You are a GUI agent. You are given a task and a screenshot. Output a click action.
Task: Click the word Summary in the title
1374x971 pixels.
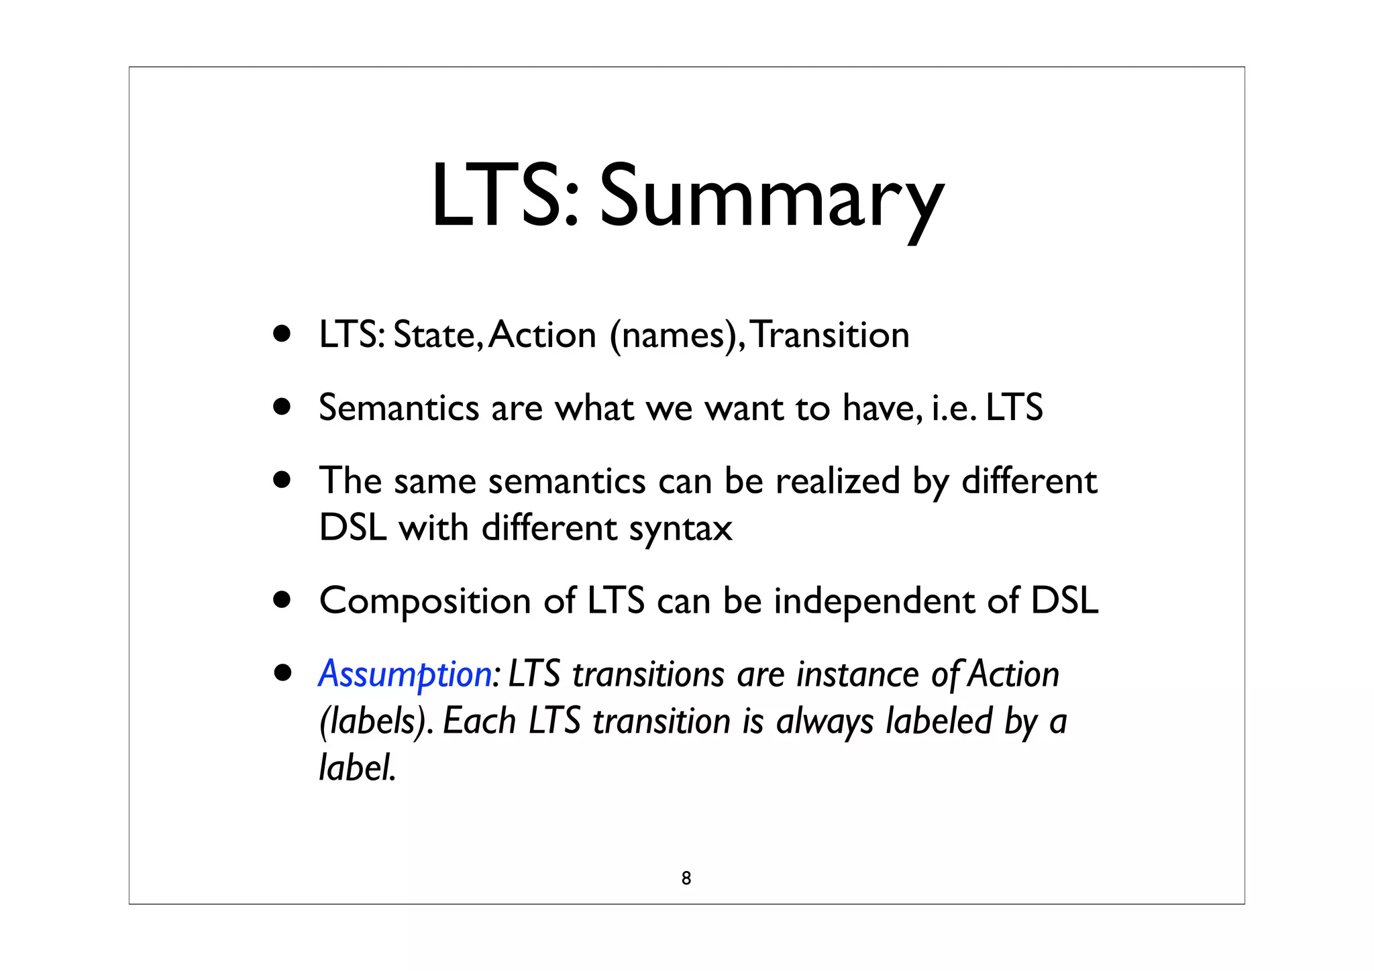coord(771,198)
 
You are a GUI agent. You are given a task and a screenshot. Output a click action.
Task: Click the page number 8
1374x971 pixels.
coord(686,878)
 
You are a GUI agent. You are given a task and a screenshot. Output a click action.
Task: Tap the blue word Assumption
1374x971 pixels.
coord(405,674)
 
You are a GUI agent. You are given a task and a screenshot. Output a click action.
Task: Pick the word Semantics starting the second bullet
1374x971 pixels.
coord(399,407)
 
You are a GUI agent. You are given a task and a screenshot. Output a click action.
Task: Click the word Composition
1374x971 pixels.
coord(425,600)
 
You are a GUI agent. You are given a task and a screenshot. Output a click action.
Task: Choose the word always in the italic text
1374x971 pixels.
coord(825,721)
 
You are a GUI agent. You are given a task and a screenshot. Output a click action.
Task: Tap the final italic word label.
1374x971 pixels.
coord(357,767)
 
